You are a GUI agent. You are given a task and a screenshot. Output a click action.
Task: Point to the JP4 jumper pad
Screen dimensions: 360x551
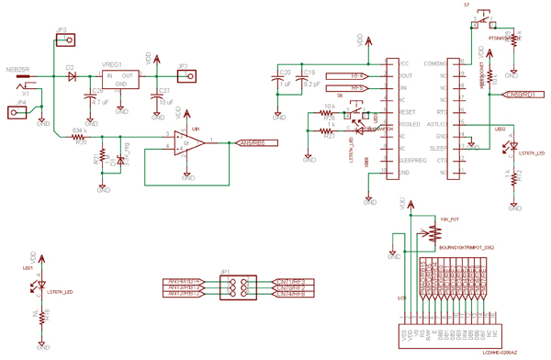click(x=16, y=112)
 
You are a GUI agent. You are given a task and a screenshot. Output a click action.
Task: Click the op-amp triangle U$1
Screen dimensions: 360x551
click(x=190, y=142)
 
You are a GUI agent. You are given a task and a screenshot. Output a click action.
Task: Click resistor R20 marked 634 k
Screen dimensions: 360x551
click(x=80, y=137)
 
